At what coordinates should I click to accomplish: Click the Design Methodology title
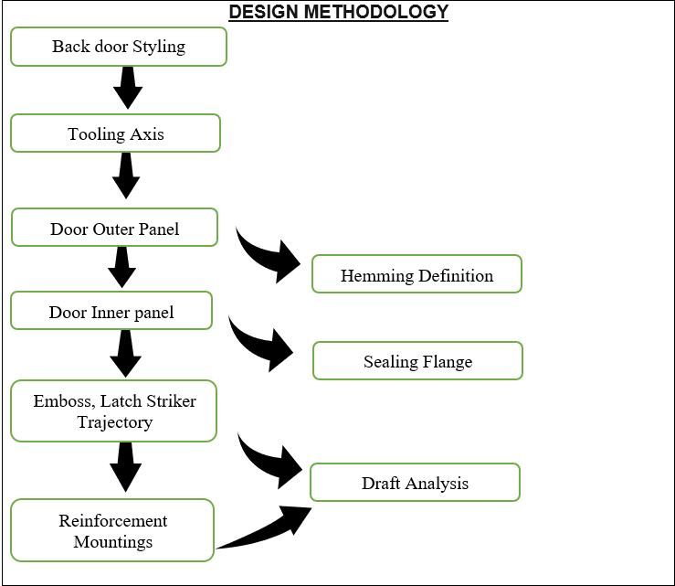(338, 12)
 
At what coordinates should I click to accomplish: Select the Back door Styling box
(119, 47)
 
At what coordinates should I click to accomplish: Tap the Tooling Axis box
(116, 133)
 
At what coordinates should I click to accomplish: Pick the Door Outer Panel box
(115, 229)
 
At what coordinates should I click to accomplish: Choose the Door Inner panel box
(111, 312)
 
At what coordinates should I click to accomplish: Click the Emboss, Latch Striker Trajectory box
(114, 411)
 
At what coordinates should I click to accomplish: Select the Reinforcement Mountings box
(113, 531)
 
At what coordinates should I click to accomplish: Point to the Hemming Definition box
(417, 275)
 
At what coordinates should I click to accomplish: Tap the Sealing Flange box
(417, 361)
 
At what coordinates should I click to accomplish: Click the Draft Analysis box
(415, 483)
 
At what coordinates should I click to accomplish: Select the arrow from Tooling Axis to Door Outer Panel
(125, 176)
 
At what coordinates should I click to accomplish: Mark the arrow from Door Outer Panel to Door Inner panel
(121, 267)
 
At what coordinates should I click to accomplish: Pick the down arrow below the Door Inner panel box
(125, 353)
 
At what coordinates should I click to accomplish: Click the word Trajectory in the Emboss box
(115, 422)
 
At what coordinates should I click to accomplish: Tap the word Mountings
(113, 541)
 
